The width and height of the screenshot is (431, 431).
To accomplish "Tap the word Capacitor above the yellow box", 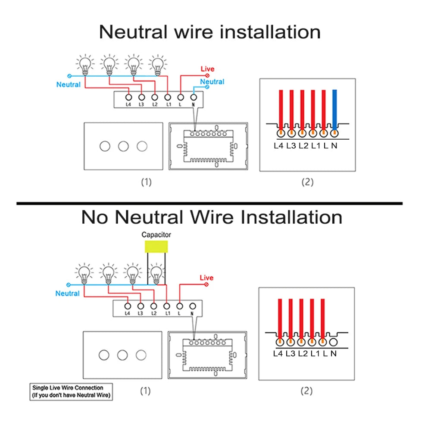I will point(156,235).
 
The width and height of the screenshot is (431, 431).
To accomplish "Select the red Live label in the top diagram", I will point(207,69).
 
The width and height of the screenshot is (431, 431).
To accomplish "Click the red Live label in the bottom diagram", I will point(206,278).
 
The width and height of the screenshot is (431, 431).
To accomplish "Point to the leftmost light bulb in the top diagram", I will point(85,65).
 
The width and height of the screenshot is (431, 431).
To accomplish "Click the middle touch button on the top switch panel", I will point(123,146).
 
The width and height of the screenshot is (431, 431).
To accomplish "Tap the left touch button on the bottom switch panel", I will point(104,355).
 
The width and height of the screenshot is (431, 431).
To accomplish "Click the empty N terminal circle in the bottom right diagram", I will point(333,342).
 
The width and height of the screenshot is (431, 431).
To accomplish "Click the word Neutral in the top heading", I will point(133,32).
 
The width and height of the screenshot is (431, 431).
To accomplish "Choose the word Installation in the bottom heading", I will point(291,217).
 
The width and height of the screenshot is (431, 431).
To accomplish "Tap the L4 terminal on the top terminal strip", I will point(128,98).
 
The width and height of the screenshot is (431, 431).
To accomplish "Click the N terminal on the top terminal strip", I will point(194,98).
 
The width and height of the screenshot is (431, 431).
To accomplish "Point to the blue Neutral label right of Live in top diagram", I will point(212,82).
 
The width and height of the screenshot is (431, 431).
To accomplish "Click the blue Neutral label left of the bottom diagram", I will point(68,294).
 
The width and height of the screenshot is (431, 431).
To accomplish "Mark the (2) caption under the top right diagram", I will point(307,182).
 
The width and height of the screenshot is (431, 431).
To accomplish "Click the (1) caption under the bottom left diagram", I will point(146,391).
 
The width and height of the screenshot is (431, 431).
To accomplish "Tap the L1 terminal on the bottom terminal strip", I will point(167,306).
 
